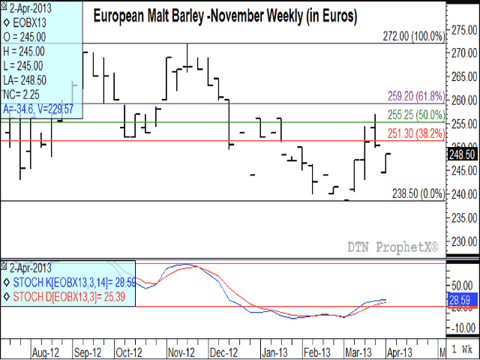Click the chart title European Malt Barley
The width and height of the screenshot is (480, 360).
click(x=224, y=14)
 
